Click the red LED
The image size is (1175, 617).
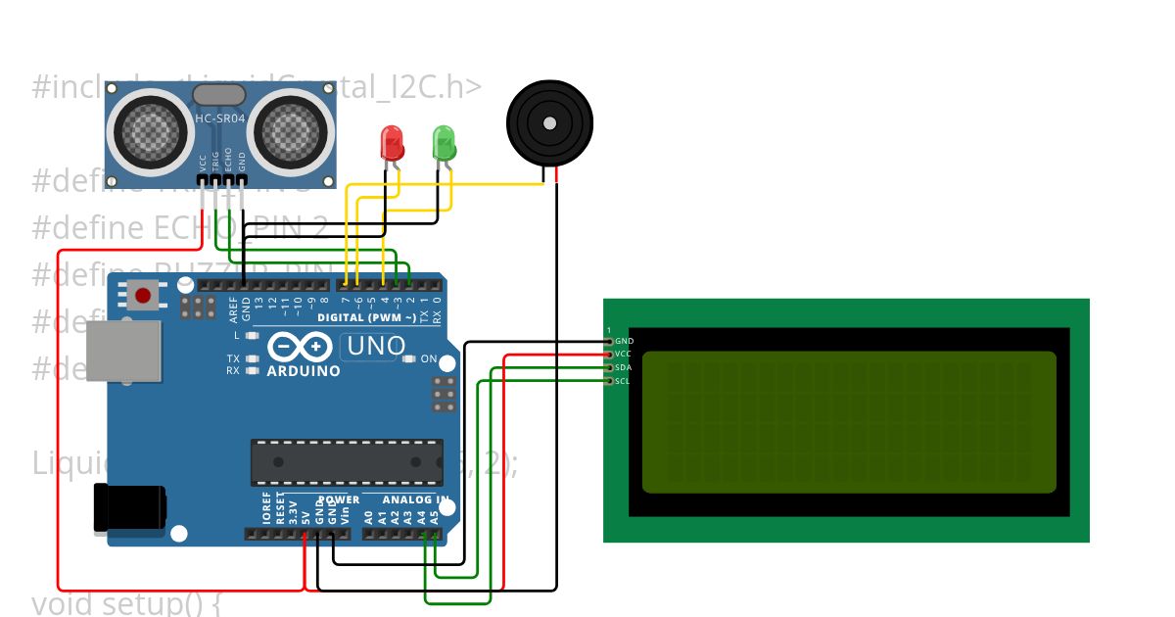[392, 143]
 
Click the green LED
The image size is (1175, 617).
[444, 143]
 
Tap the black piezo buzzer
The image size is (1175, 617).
[549, 123]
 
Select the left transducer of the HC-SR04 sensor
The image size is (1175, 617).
[150, 128]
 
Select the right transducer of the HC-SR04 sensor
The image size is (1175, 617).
[291, 128]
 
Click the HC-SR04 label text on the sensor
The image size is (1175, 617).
[220, 119]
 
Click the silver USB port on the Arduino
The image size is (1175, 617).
[124, 351]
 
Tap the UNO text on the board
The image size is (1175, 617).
[377, 346]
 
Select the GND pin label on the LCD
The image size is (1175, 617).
[623, 341]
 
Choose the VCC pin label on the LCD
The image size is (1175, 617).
[623, 354]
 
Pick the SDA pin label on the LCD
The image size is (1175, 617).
[623, 367]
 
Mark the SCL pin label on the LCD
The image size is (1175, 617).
[623, 381]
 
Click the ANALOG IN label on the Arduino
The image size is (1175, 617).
[414, 499]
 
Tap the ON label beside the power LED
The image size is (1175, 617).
[429, 359]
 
